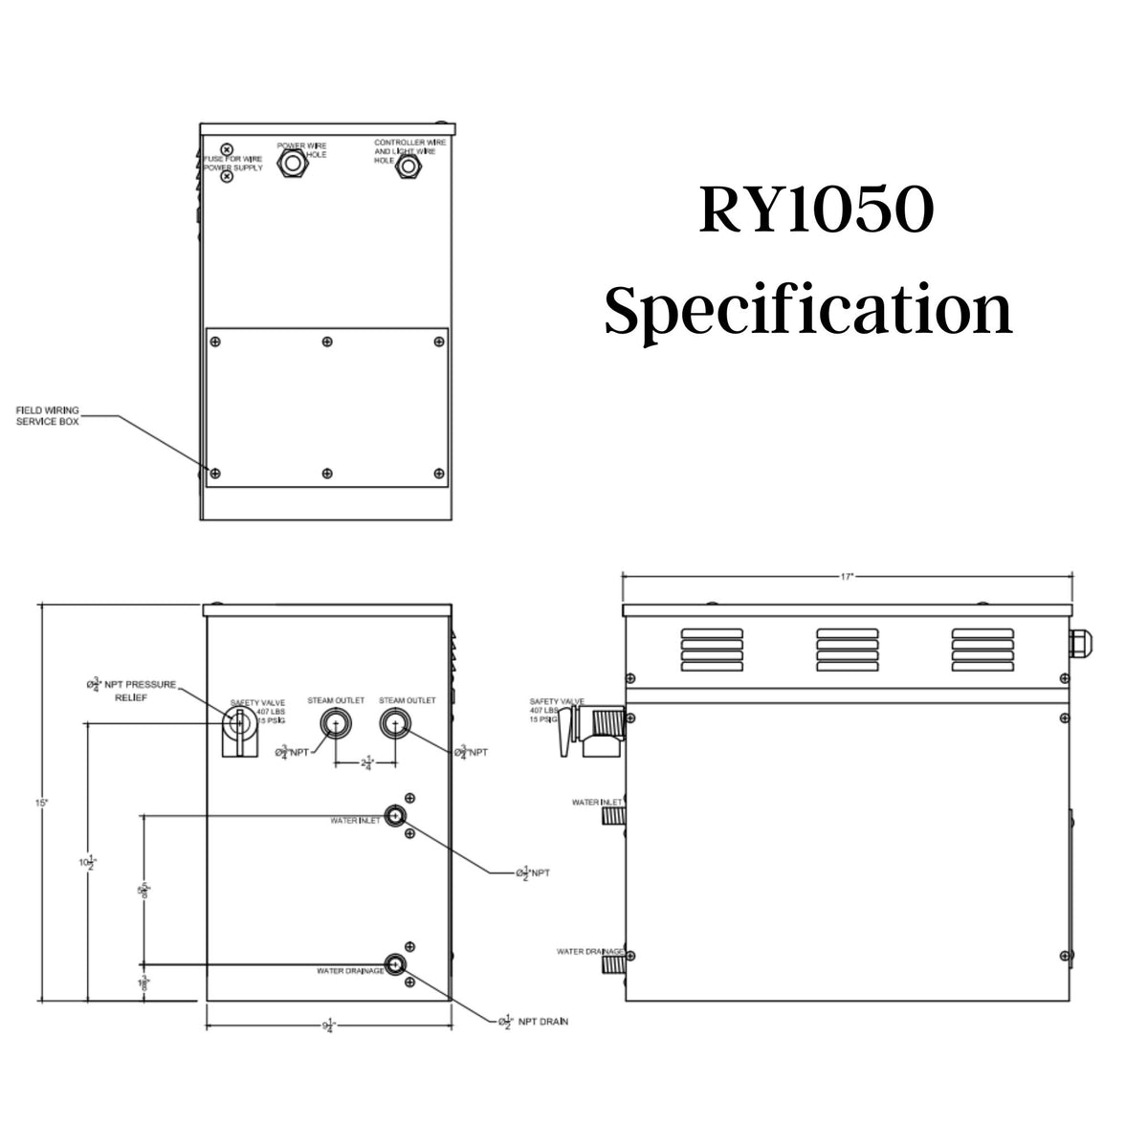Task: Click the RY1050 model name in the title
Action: [x=814, y=211]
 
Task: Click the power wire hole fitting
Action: [x=291, y=165]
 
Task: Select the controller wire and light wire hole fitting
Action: [x=408, y=166]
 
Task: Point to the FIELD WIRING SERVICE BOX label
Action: [x=47, y=415]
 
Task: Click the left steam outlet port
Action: [x=335, y=724]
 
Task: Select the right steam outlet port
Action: [x=394, y=724]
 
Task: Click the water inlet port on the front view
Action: [x=394, y=816]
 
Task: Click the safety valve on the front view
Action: [x=238, y=728]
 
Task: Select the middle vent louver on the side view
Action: [x=845, y=651]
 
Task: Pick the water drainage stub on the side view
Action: [x=613, y=963]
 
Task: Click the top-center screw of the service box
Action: [x=327, y=342]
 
